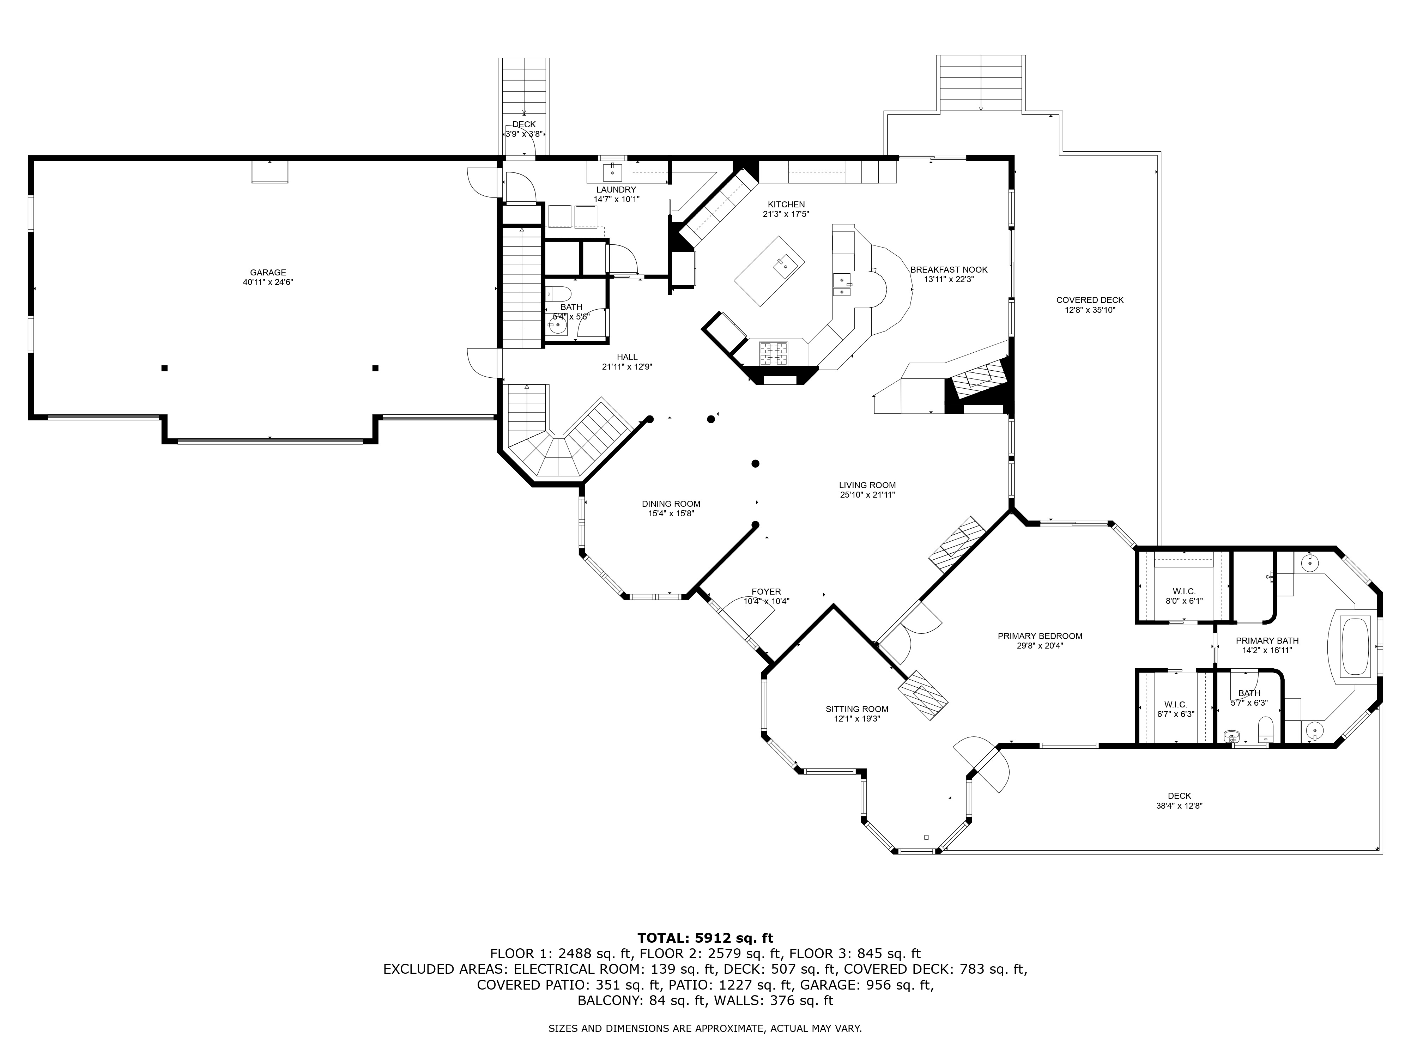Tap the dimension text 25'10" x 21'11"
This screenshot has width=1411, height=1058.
click(867, 494)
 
